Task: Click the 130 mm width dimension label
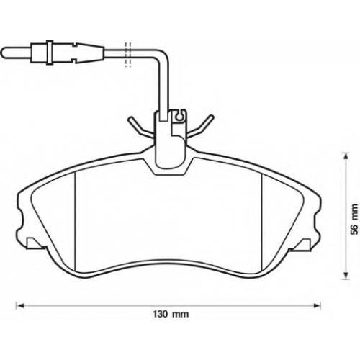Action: (x=171, y=314)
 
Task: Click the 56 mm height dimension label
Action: (x=354, y=219)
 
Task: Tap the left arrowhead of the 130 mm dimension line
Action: (x=20, y=305)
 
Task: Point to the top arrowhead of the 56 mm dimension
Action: (x=346, y=156)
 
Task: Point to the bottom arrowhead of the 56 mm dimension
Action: (x=346, y=275)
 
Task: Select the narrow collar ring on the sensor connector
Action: (x=49, y=52)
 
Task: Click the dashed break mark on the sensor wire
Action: (x=128, y=55)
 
